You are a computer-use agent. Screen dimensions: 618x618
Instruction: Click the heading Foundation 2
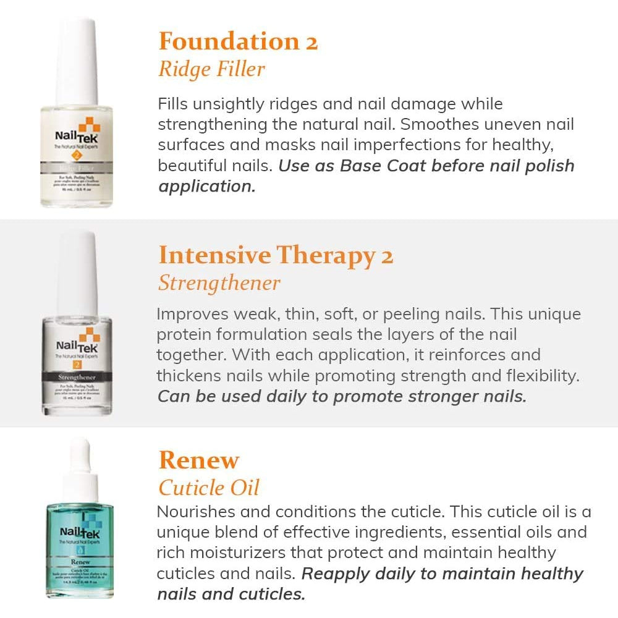coord(238,41)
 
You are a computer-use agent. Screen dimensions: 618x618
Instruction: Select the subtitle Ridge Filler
coord(211,69)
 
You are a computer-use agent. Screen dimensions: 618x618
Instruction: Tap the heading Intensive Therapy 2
coord(276,255)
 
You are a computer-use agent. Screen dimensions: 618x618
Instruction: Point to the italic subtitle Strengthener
coord(219,283)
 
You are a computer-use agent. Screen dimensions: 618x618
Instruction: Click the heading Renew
coord(198,460)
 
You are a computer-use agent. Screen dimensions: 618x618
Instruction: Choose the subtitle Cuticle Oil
coord(209,488)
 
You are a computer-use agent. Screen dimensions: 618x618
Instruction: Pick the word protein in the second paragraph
coord(184,334)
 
